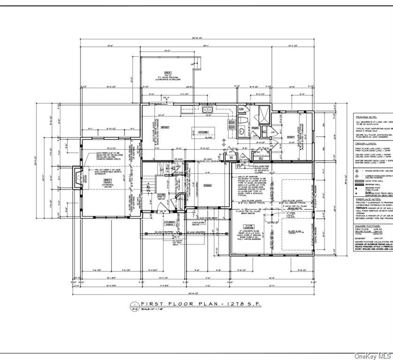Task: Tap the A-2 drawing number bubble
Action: tap(134, 307)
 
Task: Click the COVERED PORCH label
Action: tap(170, 224)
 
